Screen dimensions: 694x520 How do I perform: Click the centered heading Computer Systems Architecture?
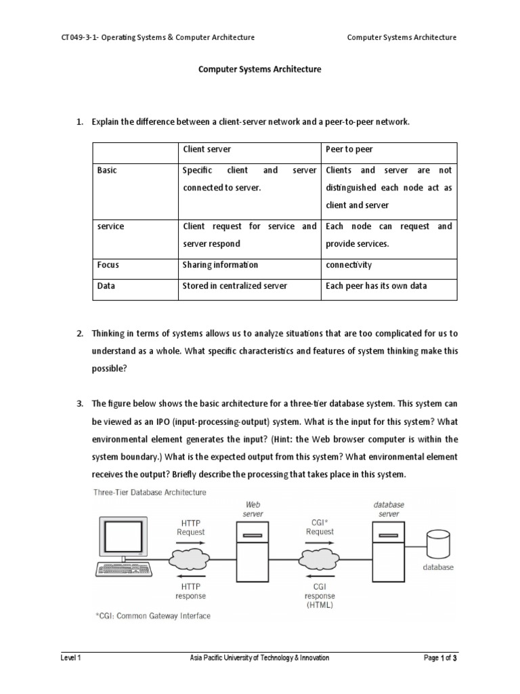click(259, 69)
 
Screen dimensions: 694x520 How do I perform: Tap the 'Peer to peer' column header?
click(349, 148)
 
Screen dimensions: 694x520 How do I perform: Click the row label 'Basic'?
click(107, 170)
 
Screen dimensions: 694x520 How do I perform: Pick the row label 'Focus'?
click(108, 264)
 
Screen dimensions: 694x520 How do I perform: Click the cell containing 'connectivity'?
click(349, 264)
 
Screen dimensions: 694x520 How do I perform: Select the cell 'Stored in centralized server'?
click(234, 286)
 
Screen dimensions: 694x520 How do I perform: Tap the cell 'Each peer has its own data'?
click(376, 286)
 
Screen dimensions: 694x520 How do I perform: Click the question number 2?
click(79, 333)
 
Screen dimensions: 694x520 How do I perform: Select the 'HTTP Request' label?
click(190, 527)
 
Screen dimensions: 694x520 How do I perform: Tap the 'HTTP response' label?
click(190, 591)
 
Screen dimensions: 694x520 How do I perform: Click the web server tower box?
click(253, 556)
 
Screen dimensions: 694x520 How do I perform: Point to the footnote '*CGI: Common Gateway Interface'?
click(153, 616)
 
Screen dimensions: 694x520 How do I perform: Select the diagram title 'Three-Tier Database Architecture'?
click(150, 492)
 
